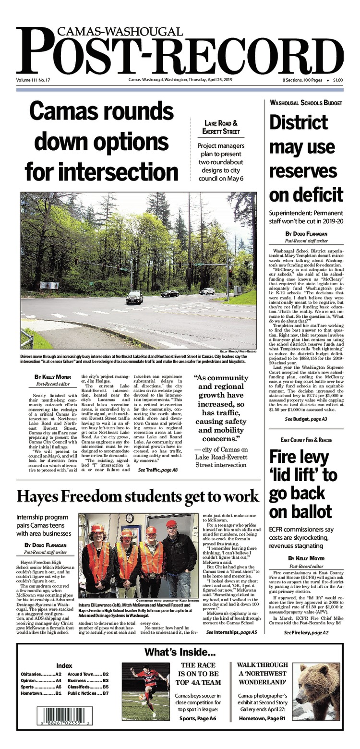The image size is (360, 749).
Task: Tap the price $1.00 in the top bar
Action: click(338, 80)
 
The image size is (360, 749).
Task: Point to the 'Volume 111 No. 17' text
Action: click(33, 80)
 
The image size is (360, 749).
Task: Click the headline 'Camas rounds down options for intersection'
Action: click(101, 142)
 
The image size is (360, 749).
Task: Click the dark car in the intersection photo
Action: click(134, 298)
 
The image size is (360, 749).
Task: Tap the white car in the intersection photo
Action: click(207, 291)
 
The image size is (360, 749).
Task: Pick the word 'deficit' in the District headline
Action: click(306, 194)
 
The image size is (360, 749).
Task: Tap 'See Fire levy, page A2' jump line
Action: click(306, 633)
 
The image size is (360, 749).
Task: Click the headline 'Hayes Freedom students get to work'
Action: click(137, 495)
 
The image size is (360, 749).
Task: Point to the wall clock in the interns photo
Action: click(130, 518)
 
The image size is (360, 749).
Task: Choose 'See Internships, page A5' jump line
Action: click(231, 633)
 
